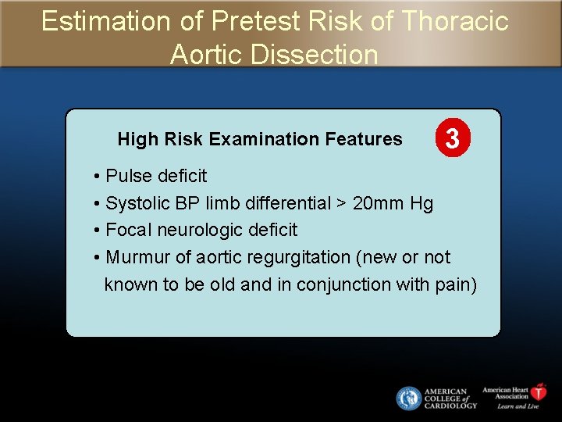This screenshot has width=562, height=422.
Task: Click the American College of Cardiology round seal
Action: [x=408, y=399]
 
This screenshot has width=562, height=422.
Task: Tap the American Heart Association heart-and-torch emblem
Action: [x=539, y=392]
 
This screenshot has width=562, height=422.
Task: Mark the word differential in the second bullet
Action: [x=288, y=203]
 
